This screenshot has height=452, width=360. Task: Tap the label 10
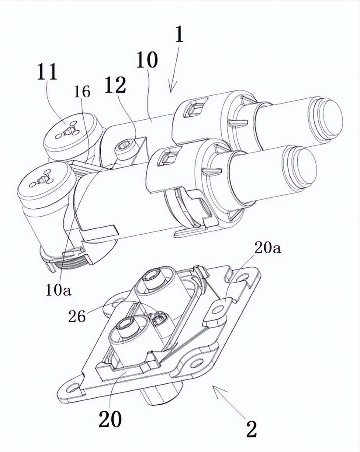147,60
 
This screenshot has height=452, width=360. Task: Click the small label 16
82,92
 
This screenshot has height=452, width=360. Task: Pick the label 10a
58,291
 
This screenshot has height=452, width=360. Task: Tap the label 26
77,317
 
